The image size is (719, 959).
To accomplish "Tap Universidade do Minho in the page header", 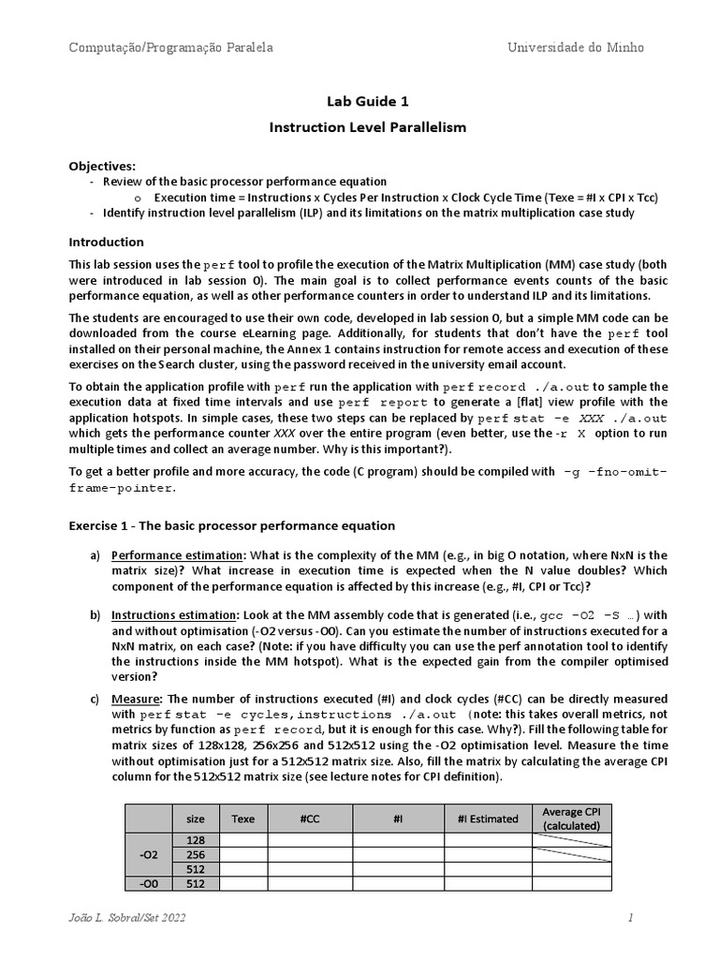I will pyautogui.click(x=576, y=47).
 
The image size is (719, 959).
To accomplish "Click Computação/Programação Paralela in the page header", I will pyautogui.click(x=171, y=47).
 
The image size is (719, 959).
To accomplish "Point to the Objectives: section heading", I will pyautogui.click(x=102, y=166).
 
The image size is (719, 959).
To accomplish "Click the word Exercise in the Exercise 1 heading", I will pyautogui.click(x=95, y=525).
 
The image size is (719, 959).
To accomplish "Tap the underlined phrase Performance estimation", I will pyautogui.click(x=173, y=555).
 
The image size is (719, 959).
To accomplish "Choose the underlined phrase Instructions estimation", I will pyautogui.click(x=174, y=615).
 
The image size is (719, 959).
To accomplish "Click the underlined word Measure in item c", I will pyautogui.click(x=136, y=699).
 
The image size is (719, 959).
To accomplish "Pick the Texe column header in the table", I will pyautogui.click(x=242, y=819).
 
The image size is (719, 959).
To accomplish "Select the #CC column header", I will pyautogui.click(x=310, y=819).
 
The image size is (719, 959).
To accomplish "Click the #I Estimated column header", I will pyautogui.click(x=488, y=819).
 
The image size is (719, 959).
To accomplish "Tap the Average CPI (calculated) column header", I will pyautogui.click(x=571, y=818).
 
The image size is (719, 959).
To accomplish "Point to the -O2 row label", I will pyautogui.click(x=149, y=854).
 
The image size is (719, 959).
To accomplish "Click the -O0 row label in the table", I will pyautogui.click(x=149, y=883).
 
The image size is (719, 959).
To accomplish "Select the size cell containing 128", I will pyautogui.click(x=196, y=840).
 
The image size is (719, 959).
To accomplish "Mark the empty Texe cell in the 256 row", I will pyautogui.click(x=242, y=854).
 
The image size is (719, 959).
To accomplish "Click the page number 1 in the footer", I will pyautogui.click(x=631, y=919).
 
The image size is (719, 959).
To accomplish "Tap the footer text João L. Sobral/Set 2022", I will pyautogui.click(x=127, y=919).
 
